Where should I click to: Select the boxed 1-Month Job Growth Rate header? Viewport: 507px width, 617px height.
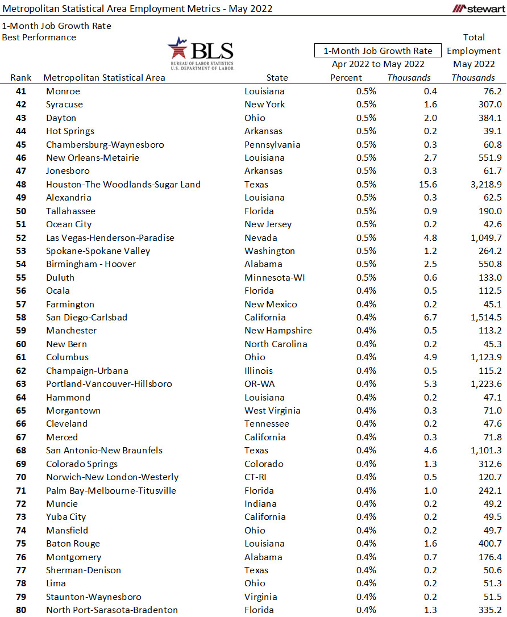(x=378, y=51)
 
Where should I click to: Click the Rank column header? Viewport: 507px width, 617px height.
(x=21, y=78)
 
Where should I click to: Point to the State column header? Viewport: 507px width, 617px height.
(x=277, y=78)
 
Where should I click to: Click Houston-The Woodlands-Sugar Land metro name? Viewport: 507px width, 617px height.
(x=123, y=185)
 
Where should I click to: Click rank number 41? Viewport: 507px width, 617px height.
(x=21, y=91)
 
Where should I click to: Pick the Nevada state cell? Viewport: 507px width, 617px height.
(x=261, y=238)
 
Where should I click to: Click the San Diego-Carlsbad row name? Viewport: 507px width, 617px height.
(x=86, y=318)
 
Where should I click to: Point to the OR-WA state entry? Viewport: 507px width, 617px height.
(x=260, y=384)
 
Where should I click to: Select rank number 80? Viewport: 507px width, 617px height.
(x=21, y=610)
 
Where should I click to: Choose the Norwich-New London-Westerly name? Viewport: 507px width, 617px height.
(x=112, y=477)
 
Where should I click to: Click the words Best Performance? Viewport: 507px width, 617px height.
(x=39, y=37)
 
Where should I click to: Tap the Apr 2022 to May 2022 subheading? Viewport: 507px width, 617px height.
(x=378, y=64)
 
